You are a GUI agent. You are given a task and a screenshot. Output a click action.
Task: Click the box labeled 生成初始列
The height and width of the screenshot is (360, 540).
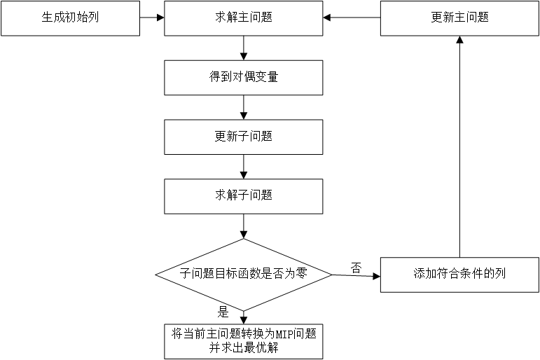tap(70, 18)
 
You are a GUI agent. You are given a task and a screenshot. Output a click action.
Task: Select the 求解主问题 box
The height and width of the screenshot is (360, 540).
tap(243, 18)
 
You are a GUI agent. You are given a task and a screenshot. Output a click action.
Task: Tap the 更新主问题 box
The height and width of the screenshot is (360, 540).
tap(459, 18)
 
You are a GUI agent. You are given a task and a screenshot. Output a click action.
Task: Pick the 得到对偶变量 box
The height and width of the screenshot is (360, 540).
tap(243, 77)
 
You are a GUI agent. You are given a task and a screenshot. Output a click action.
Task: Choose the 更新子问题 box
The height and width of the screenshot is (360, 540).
tap(243, 137)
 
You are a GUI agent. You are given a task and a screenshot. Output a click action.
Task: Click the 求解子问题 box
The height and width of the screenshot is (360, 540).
tap(243, 196)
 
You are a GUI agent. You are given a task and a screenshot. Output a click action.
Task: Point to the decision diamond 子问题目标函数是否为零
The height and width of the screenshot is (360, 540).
tap(243, 274)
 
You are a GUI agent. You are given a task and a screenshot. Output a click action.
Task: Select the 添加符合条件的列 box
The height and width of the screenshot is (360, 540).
tap(459, 274)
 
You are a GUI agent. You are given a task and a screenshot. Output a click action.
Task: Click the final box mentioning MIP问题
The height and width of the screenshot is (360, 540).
tap(243, 341)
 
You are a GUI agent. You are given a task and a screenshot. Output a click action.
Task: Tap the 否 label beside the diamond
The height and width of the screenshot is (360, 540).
tap(356, 267)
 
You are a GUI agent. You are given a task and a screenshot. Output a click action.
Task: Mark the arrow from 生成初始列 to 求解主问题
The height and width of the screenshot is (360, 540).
tap(152, 18)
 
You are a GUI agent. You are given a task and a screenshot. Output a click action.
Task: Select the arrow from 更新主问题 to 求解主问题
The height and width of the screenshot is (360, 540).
tap(352, 18)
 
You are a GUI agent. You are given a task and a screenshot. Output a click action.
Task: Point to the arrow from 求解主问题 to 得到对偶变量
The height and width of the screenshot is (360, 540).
tap(243, 48)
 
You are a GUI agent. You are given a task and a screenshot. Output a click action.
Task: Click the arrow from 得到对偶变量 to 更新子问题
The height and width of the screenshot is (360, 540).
tap(243, 107)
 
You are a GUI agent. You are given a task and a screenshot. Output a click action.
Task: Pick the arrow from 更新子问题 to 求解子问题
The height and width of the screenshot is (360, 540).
tap(243, 167)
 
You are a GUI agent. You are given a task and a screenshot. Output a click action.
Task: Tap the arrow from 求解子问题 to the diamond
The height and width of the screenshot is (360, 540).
tap(243, 226)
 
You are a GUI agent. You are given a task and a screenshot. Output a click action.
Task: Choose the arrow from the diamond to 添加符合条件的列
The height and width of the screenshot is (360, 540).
tap(356, 275)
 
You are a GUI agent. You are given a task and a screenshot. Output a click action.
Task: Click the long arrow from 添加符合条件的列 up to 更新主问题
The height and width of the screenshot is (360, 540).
tap(459, 147)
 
